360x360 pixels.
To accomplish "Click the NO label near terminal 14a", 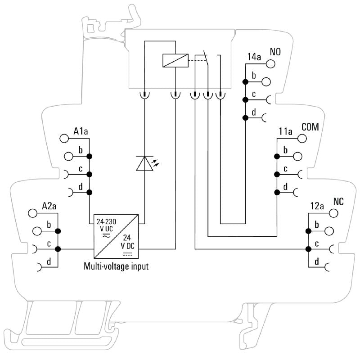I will point(275,51).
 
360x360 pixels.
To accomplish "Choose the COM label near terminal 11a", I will point(310,127).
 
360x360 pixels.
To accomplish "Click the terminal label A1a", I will point(81,132).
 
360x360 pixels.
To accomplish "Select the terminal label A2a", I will point(49,206).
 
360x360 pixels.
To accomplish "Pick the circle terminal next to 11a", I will point(302,139).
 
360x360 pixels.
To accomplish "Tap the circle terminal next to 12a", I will point(333,213).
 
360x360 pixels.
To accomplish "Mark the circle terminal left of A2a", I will point(32,213).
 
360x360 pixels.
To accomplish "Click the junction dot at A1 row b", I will point(90,156).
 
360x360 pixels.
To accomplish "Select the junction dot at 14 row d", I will point(245,118).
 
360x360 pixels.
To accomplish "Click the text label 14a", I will point(254,57).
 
